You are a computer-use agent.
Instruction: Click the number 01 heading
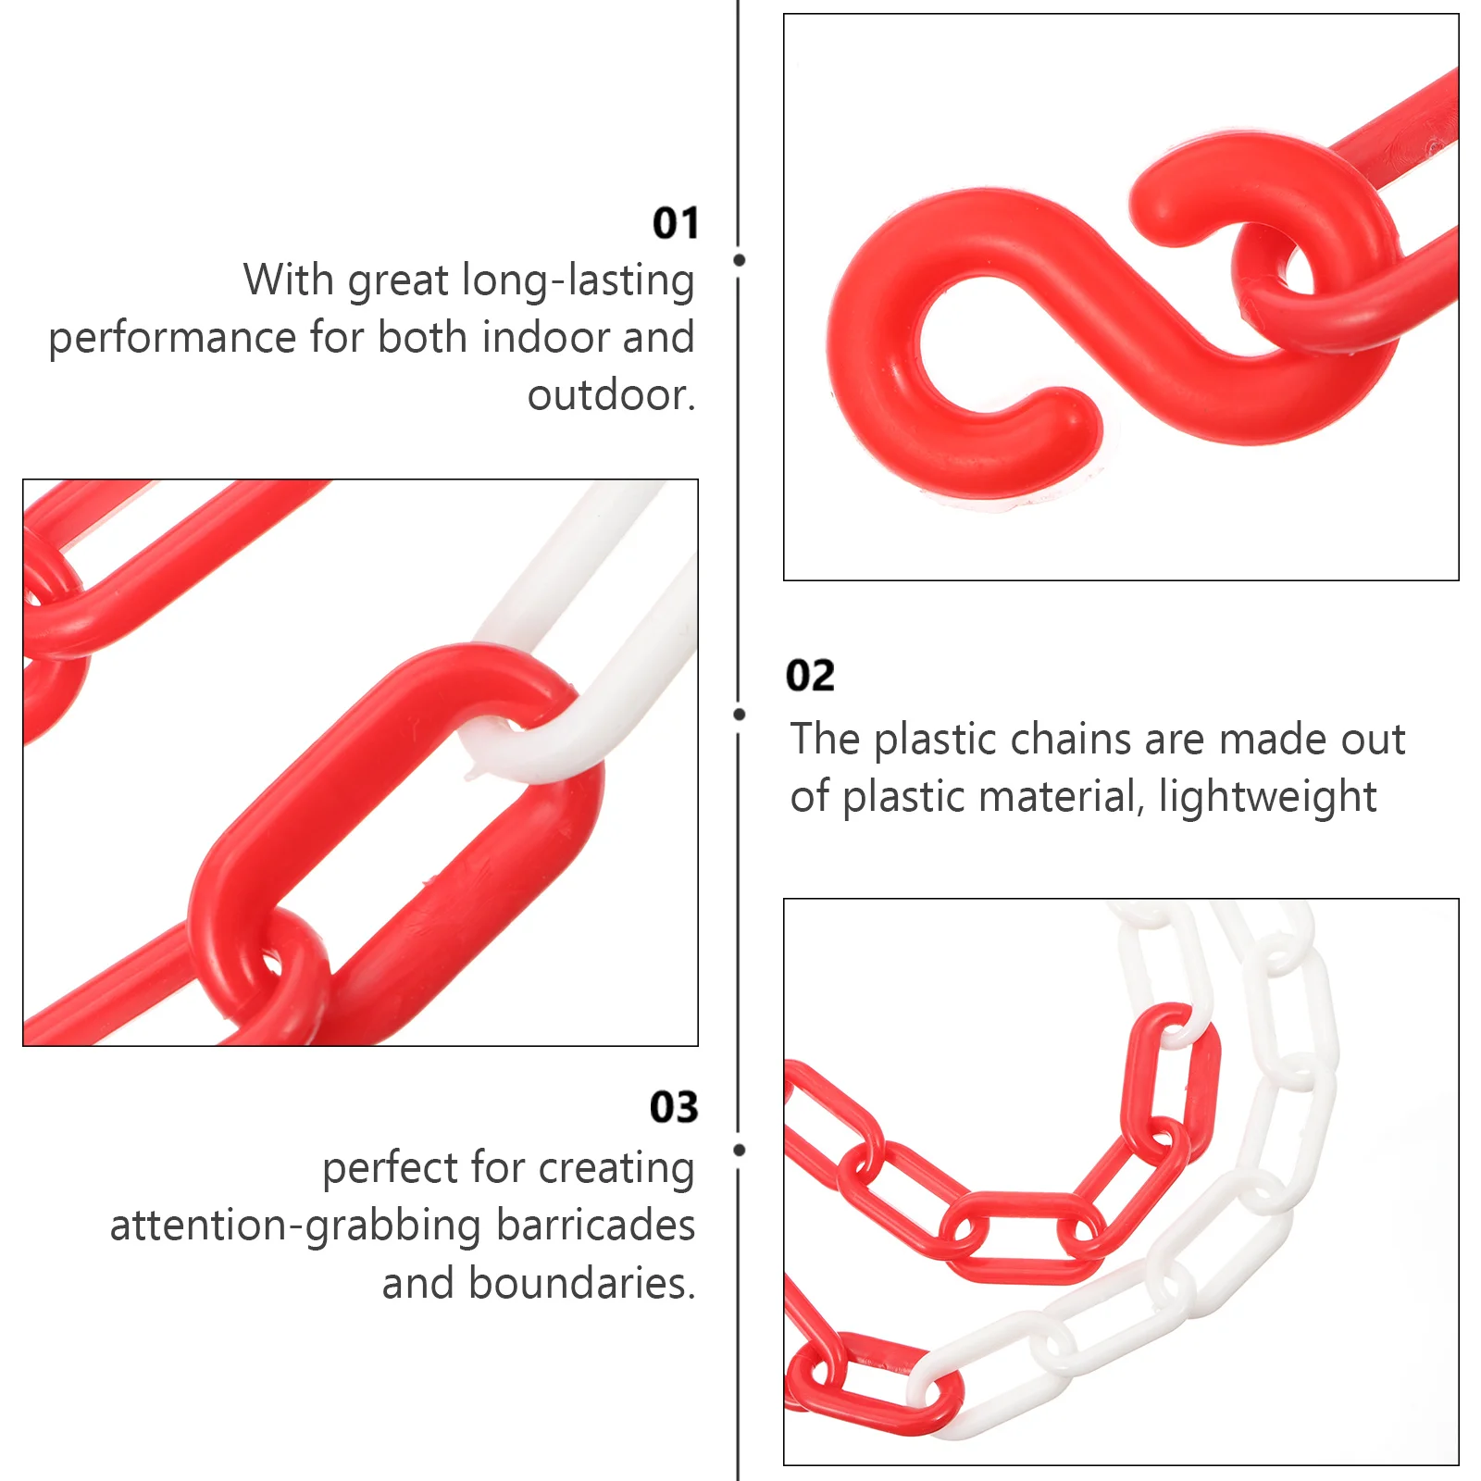click(675, 223)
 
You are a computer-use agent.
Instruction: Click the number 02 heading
click(810, 676)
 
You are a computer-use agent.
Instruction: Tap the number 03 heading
click(673, 1107)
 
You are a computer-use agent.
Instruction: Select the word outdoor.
click(610, 395)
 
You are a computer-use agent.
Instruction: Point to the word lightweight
click(1267, 797)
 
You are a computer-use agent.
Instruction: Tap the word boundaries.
click(581, 1284)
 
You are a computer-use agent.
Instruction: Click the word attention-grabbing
click(297, 1226)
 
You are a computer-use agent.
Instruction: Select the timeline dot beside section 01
click(739, 260)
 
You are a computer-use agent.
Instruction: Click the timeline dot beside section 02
click(739, 714)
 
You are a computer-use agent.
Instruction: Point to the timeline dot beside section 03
click(739, 1150)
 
